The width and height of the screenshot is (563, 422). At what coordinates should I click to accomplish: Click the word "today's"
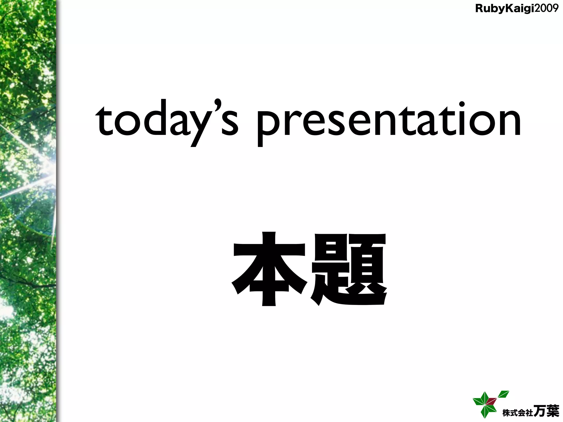(167, 121)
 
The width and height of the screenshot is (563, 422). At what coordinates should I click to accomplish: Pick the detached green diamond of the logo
(504, 395)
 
